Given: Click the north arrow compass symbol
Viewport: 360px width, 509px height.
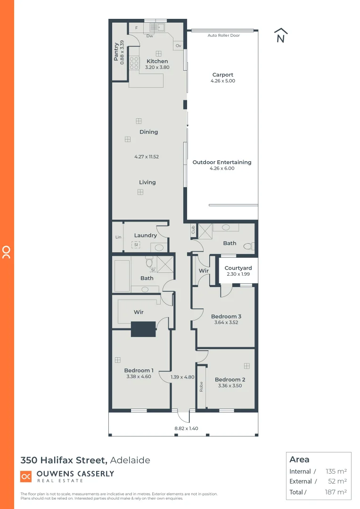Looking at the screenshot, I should point(281,36).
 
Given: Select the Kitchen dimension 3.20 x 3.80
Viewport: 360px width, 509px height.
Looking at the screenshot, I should point(158,67).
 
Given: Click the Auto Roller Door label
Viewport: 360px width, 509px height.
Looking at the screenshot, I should point(224,35).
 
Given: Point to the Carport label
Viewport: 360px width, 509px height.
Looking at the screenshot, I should point(222,75).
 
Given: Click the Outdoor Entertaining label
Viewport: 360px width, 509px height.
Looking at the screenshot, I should point(222,162).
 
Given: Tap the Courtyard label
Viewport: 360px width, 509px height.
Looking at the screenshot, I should point(238,268).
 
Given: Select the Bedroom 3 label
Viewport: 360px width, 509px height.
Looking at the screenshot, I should point(226,316).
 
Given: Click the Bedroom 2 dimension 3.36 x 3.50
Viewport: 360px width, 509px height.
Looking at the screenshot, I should point(230,386).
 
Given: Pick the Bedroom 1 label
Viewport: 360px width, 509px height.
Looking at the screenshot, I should point(139,370).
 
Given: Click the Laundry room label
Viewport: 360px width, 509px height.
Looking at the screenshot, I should point(145,235).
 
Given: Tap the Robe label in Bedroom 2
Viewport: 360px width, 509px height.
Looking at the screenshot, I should point(201,386).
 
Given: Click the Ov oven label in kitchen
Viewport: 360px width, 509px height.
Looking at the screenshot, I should point(178,46).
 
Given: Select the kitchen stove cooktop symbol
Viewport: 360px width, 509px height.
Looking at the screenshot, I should point(134,63).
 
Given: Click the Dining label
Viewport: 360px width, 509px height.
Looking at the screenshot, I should point(148,132).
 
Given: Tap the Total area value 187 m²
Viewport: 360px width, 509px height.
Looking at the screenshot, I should point(336,492).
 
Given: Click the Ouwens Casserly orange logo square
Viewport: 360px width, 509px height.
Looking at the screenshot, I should point(26,476).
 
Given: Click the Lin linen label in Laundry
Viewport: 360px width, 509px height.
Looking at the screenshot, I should point(118,237).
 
